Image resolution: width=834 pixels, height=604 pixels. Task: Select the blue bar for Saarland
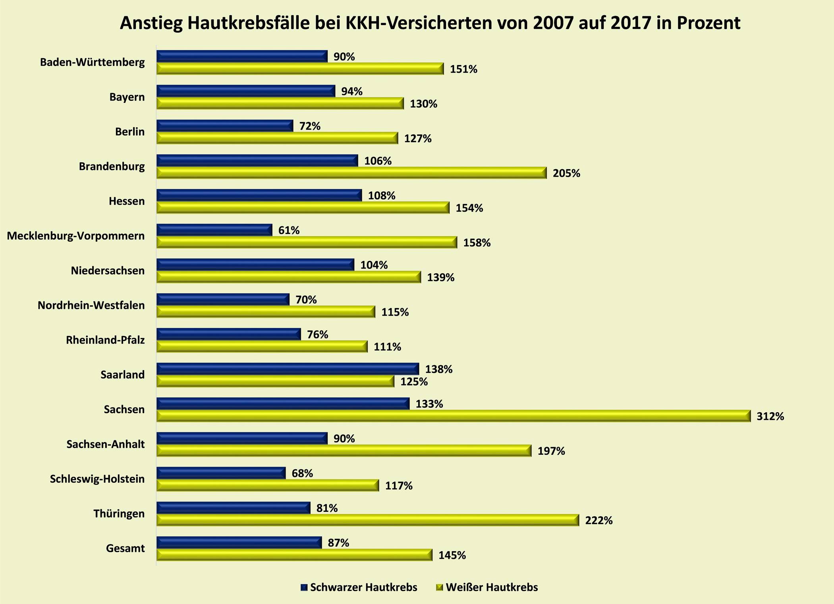tap(288, 369)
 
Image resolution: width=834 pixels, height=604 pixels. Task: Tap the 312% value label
tap(770, 416)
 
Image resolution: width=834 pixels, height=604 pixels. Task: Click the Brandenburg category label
tap(112, 166)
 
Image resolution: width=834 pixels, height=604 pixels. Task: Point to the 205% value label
tap(566, 173)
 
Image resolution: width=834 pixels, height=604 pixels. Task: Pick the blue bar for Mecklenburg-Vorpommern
tap(214, 230)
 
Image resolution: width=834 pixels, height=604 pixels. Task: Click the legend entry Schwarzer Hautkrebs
tap(363, 587)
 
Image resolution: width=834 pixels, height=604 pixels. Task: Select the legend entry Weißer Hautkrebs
tap(491, 587)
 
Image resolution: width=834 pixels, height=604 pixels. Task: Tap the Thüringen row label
tap(119, 514)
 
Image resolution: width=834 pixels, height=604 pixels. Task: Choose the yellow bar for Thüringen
tap(367, 520)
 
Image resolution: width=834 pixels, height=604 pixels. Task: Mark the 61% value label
tap(289, 230)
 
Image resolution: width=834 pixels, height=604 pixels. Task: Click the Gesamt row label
tap(125, 548)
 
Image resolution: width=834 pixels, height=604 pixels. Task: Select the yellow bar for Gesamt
tap(294, 555)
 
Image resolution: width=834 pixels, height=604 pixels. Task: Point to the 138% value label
tap(438, 369)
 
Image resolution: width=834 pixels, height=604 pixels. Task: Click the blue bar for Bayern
tap(245, 91)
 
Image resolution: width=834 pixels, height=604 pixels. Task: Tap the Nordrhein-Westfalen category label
tap(91, 305)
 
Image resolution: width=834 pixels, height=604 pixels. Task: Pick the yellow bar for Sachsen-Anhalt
tap(344, 451)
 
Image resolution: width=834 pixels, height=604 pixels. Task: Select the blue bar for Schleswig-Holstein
tap(221, 473)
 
